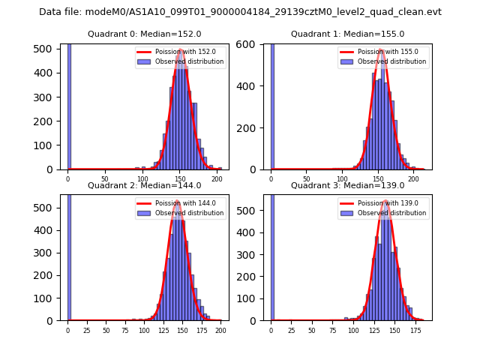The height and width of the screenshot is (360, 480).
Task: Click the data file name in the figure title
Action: point(240,12)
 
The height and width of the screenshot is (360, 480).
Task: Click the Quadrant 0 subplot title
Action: point(144,34)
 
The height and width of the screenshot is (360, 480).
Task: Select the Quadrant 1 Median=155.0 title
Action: point(347,34)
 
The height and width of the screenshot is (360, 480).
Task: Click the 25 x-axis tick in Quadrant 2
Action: point(87,330)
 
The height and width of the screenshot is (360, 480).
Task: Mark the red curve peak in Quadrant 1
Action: point(382,50)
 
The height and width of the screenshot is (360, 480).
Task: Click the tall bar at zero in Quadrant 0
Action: point(69,105)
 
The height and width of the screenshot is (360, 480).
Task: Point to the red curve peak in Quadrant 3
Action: point(385,201)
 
